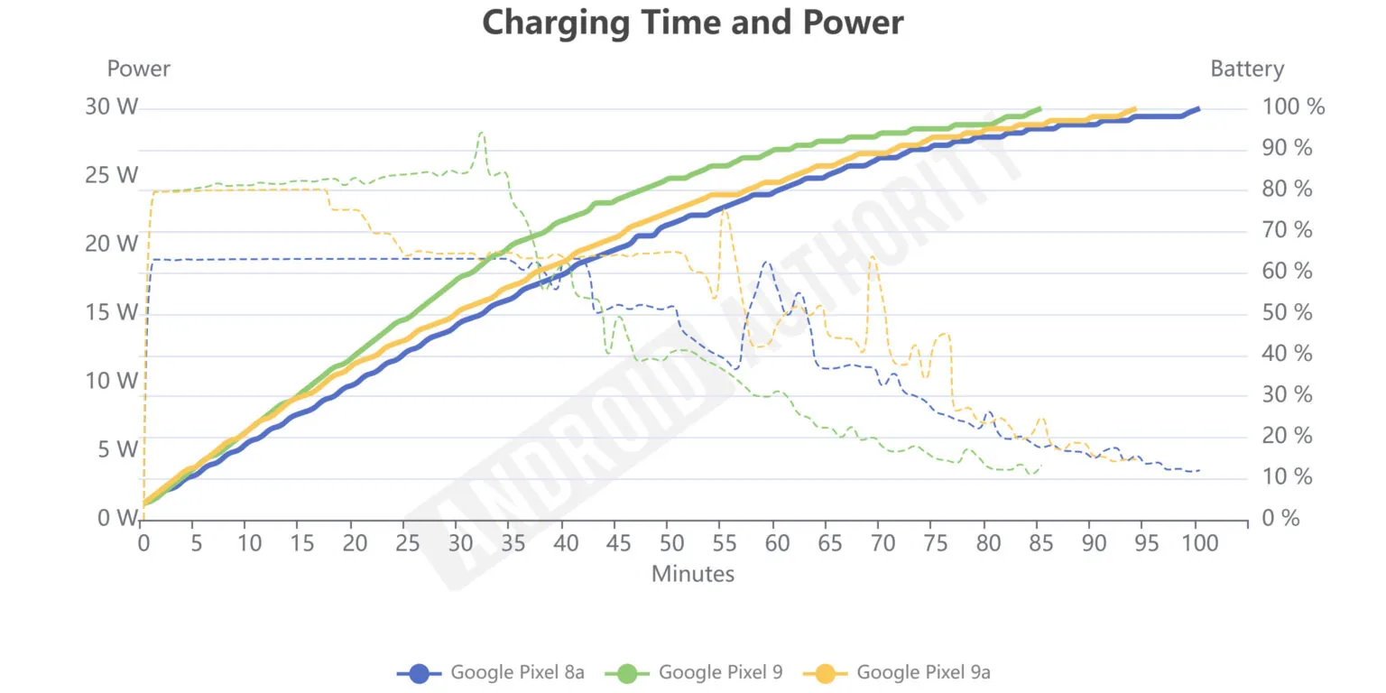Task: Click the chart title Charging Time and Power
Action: tap(692, 23)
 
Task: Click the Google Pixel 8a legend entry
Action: tap(492, 672)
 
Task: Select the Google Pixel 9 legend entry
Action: tap(698, 672)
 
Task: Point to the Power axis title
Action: tap(138, 69)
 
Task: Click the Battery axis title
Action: tap(1246, 69)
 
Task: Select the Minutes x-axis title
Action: tap(692, 573)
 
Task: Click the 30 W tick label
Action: tap(112, 107)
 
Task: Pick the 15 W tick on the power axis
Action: tap(112, 313)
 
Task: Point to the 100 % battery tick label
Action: tap(1293, 107)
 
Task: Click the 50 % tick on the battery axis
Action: tap(1288, 313)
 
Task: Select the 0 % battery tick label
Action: tap(1281, 518)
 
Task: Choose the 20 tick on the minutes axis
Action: tap(355, 543)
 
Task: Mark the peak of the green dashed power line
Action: tap(481, 133)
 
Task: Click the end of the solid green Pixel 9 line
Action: tap(1039, 108)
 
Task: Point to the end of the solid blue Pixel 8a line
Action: tap(1197, 108)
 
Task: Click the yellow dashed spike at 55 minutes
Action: tap(724, 210)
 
